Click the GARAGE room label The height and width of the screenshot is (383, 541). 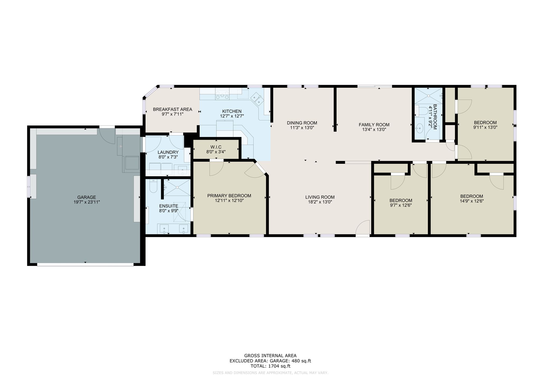87,197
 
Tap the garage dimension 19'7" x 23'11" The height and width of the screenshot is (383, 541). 87,202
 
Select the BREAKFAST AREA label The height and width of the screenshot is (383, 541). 172,109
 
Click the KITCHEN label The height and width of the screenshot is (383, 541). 232,111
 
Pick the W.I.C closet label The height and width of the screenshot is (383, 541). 216,147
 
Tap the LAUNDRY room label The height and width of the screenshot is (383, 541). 168,152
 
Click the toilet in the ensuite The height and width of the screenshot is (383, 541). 153,186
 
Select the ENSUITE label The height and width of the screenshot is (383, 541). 169,206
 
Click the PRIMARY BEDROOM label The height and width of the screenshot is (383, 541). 229,196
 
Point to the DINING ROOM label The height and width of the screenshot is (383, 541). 302,123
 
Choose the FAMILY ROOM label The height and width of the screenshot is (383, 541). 374,125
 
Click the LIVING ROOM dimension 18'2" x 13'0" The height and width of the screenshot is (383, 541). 320,202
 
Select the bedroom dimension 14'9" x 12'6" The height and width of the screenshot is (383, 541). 472,201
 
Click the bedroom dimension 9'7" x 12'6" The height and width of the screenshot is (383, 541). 401,205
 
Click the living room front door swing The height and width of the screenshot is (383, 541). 363,227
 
